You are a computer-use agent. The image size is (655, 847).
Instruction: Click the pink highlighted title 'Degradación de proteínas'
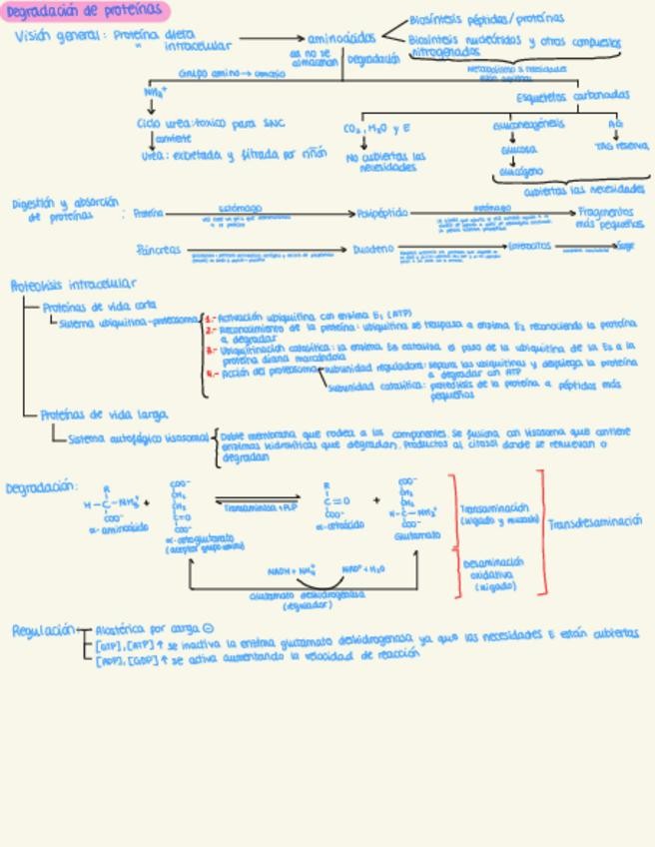84,11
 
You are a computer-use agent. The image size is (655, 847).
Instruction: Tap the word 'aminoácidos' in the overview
342,38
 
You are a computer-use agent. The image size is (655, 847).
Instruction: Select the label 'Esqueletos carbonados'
572,96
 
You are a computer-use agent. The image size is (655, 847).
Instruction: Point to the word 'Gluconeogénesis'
527,125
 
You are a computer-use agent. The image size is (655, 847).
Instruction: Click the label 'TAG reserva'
621,146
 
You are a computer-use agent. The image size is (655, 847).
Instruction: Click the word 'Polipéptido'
381,213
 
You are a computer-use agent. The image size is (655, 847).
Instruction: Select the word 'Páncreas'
160,250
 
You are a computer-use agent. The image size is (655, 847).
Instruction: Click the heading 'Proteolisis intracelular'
74,285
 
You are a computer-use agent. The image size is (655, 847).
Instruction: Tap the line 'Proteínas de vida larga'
104,415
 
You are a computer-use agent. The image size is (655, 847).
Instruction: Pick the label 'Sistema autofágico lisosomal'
138,437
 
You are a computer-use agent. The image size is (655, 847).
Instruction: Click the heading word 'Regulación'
43,631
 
